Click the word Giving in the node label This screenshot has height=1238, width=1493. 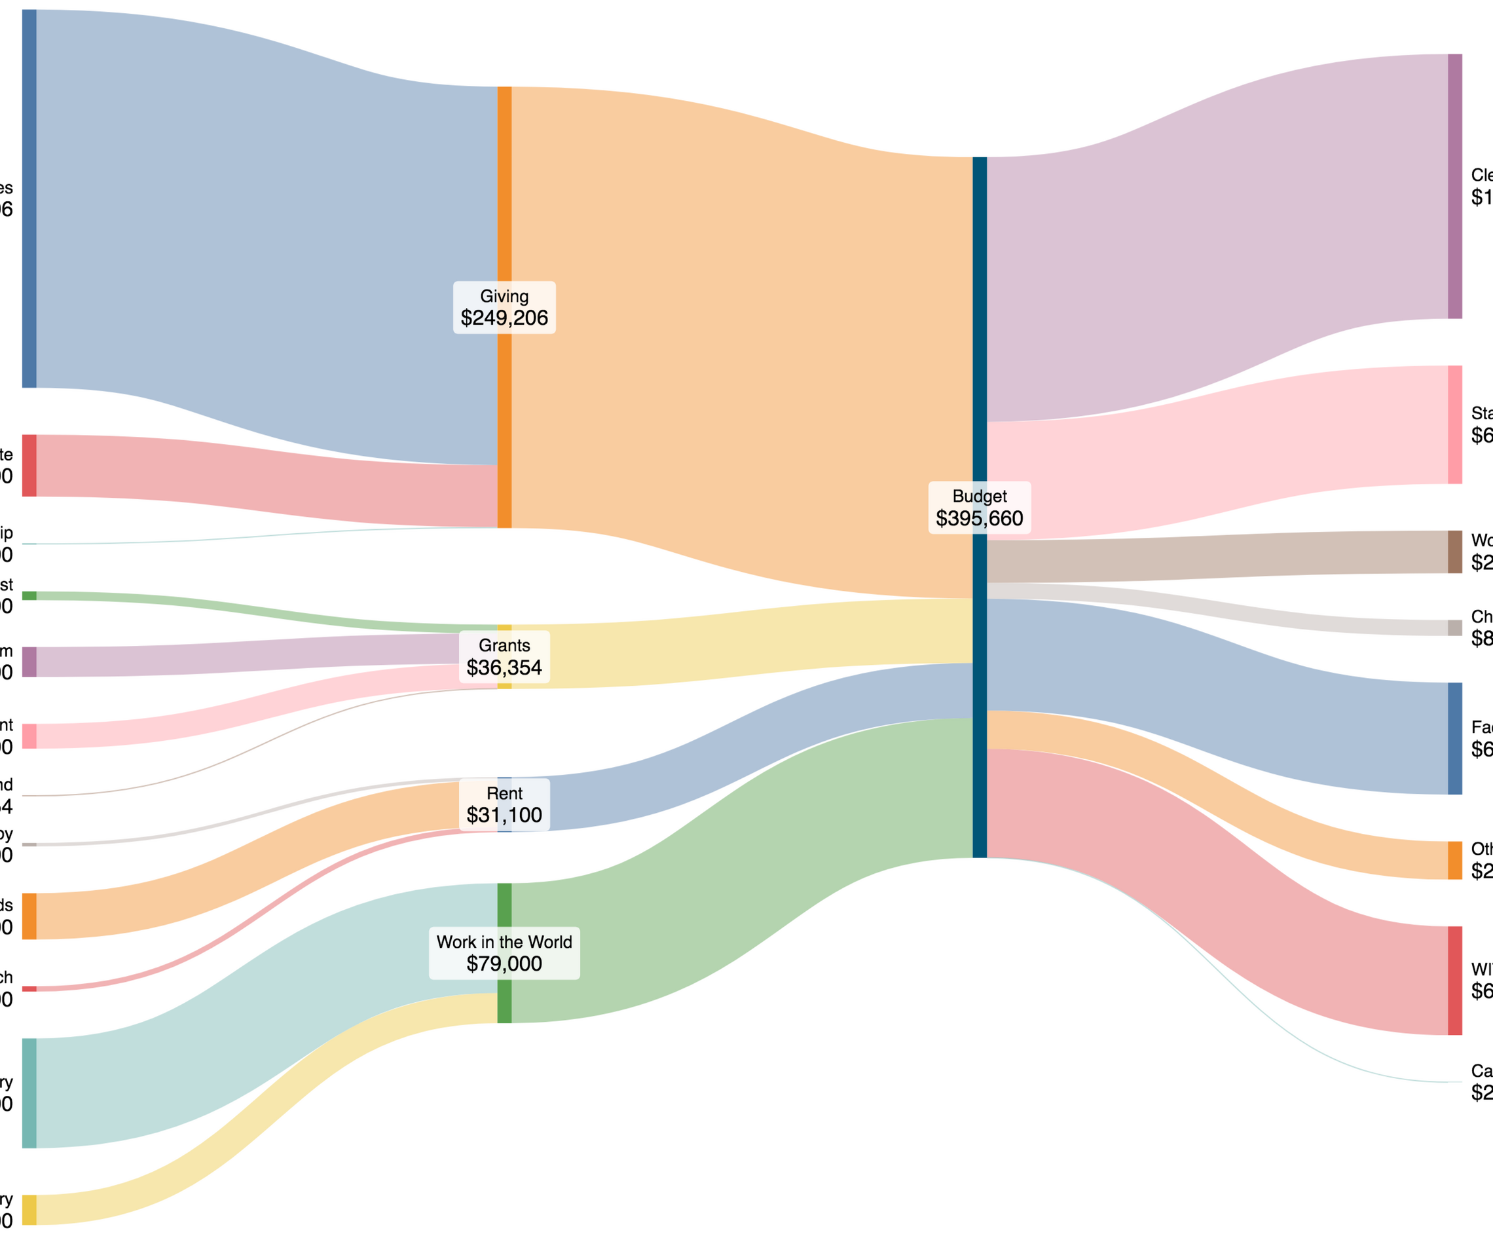point(504,296)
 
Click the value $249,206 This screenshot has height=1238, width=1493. point(504,318)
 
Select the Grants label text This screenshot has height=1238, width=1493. point(504,645)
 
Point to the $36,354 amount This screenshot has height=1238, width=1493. point(504,667)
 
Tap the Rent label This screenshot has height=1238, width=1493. point(504,793)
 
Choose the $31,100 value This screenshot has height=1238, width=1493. point(504,815)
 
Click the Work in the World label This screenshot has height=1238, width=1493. point(504,941)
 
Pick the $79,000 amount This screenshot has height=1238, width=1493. point(504,964)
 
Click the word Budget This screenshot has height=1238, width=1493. point(979,496)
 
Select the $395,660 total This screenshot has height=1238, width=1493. point(979,518)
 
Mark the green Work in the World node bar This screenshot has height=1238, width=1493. point(504,903)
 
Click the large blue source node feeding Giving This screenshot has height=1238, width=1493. point(29,199)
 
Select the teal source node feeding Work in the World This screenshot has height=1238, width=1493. point(29,1093)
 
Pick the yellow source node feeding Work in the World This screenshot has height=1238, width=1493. point(29,1210)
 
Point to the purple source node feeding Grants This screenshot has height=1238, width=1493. point(29,662)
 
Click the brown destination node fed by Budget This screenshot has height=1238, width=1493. point(1454,552)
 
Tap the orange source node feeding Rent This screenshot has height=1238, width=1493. point(29,916)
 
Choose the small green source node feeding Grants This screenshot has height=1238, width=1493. point(29,595)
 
